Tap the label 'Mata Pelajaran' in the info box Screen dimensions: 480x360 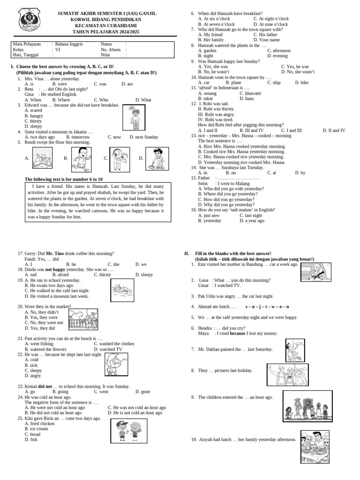point(26,44)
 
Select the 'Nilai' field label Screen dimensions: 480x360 point(105,55)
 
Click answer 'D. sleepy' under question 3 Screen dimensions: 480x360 point(33,127)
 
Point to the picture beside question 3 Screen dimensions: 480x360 point(133,118)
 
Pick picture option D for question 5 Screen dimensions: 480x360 point(157,158)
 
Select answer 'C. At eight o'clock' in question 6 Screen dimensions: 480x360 point(271,19)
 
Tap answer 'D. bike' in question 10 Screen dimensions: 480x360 point(302,82)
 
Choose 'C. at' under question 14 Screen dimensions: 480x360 point(271,173)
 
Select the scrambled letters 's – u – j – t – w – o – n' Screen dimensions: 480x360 point(267,307)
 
